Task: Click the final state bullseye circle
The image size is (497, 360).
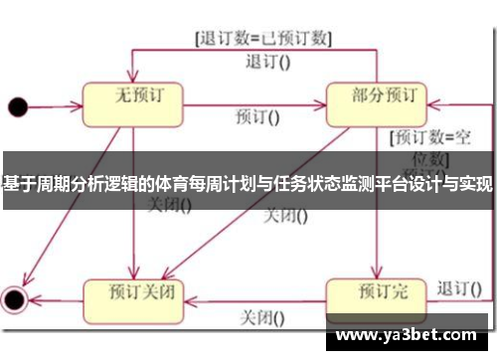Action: [x=14, y=297]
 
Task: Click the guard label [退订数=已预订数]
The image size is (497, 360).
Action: [x=262, y=39]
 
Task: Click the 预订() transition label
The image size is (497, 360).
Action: [x=257, y=116]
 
